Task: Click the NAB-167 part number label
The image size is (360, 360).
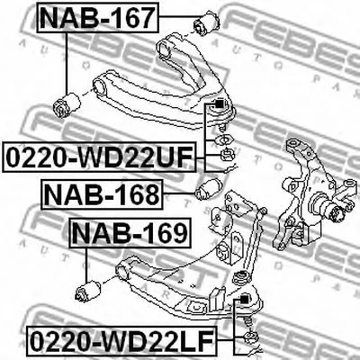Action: (x=98, y=17)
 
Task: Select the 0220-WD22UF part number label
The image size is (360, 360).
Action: (x=99, y=157)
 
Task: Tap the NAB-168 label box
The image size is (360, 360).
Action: (x=102, y=194)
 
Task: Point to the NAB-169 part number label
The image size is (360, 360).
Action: (x=130, y=233)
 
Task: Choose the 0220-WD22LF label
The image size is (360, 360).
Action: (x=122, y=341)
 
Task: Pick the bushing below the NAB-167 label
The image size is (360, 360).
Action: (x=67, y=104)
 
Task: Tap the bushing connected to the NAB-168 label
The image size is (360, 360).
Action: (x=208, y=189)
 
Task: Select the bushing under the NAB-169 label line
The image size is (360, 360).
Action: (x=88, y=291)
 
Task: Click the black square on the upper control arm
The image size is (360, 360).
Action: (x=219, y=104)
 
